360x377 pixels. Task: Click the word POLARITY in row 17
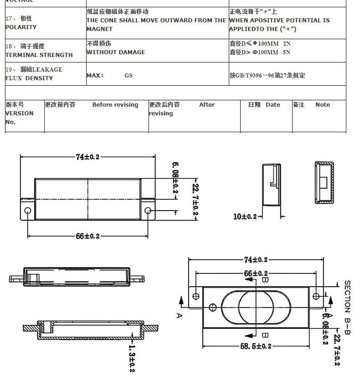click(21, 27)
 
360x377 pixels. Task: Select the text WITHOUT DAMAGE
click(116, 52)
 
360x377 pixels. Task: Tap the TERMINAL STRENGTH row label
click(39, 55)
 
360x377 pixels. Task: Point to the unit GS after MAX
click(129, 76)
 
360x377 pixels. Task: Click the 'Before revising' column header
click(115, 105)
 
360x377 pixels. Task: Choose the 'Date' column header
click(273, 105)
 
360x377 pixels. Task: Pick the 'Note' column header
click(322, 105)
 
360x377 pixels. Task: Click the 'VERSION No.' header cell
click(19, 114)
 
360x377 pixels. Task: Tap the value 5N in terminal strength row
click(287, 52)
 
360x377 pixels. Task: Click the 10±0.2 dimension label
click(245, 217)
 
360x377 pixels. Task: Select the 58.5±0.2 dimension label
click(256, 346)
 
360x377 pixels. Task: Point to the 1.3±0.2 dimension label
click(132, 358)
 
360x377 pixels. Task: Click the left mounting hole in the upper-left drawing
click(28, 211)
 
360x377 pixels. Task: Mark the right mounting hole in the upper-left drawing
click(148, 211)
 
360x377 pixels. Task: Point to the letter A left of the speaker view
click(179, 315)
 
